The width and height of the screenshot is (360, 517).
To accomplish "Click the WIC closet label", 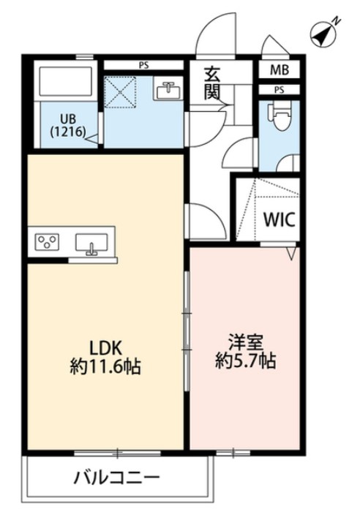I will point(279,220).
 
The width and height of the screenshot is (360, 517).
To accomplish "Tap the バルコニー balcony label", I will point(117,479).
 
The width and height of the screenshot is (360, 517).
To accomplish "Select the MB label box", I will point(279,71).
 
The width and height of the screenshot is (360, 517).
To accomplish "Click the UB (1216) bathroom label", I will point(67,126).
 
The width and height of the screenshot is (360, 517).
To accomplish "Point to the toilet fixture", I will point(278,117).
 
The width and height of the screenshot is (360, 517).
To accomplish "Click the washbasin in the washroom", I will point(168,91).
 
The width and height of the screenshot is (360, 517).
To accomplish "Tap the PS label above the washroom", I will point(144,64).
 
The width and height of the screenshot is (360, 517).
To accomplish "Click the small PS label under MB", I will point(279,90).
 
